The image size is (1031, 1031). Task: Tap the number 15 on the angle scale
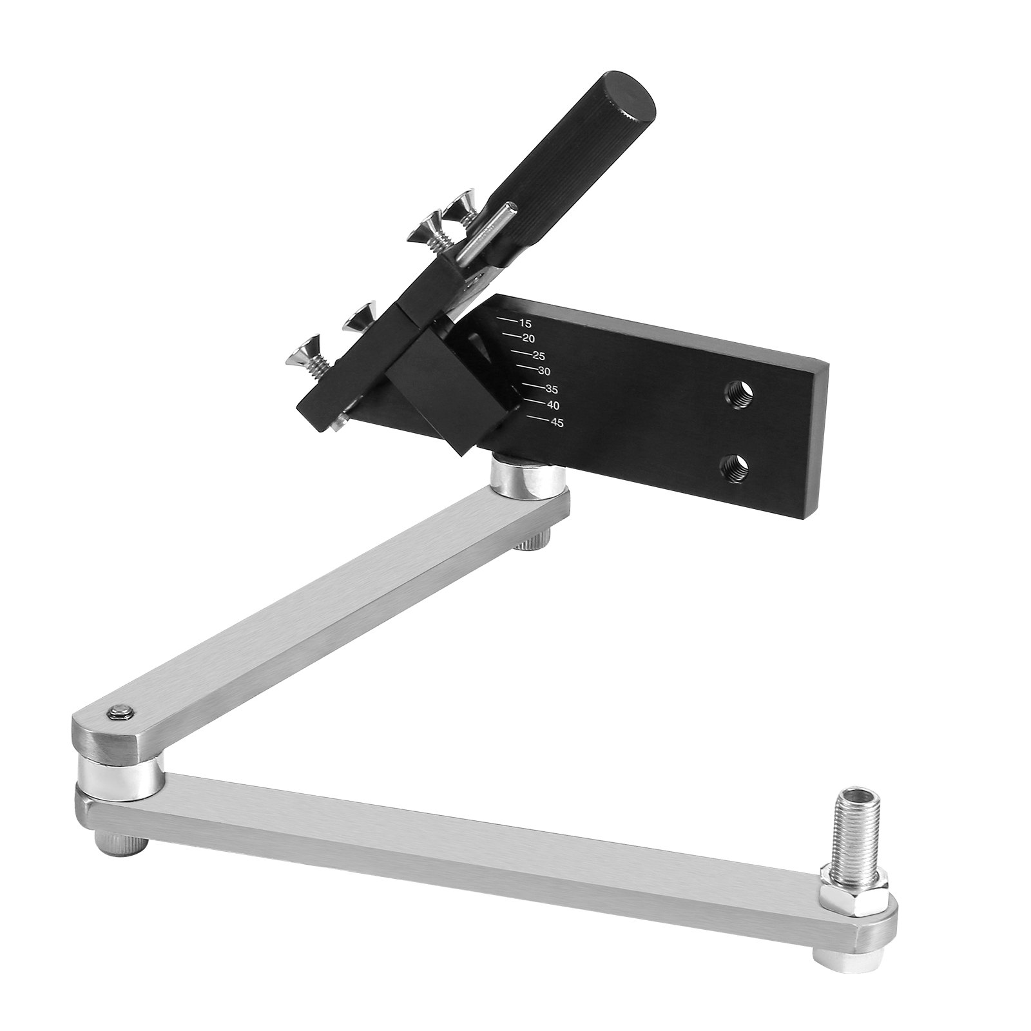(525, 324)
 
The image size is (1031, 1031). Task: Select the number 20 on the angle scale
(529, 339)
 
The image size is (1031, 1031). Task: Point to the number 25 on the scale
(539, 356)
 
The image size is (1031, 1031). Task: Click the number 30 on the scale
(543, 372)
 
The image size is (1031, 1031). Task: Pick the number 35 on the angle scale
(551, 390)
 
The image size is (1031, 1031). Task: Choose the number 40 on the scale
(553, 405)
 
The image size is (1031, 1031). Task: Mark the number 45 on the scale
(557, 423)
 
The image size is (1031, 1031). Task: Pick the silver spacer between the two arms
(119, 770)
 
